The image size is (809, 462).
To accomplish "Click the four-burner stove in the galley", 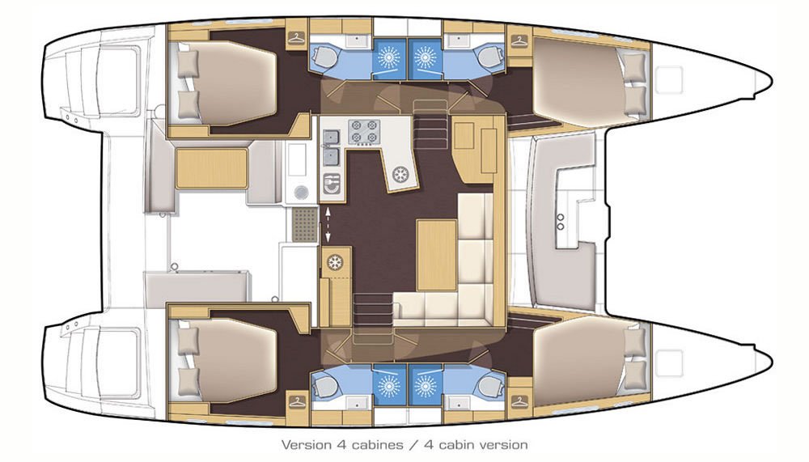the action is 364,131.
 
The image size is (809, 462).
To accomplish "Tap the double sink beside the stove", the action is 331,147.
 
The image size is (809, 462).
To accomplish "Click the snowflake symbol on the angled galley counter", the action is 400,175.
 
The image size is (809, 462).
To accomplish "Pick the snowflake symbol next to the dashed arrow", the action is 335,262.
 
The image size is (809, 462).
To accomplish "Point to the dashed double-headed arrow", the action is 327,225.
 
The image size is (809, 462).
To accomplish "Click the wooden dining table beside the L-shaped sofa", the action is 437,255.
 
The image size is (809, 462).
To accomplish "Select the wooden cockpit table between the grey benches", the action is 211,169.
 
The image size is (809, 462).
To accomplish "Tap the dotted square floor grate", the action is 305,224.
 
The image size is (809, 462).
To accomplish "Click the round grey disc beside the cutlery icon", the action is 301,193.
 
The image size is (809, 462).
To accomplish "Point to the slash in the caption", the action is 413,444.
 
